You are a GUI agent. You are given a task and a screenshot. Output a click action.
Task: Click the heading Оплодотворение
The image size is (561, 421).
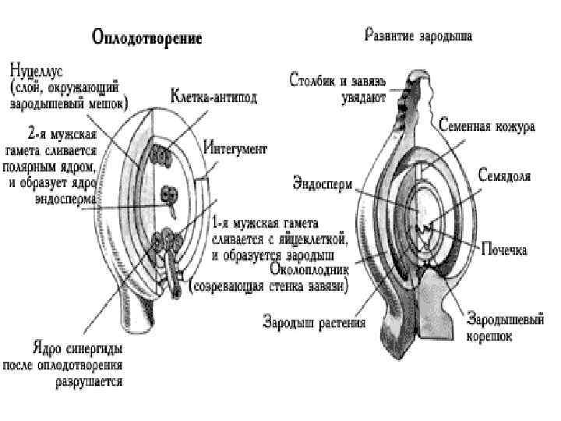coord(147,37)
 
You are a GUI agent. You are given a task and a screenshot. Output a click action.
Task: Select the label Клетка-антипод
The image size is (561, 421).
coord(214,97)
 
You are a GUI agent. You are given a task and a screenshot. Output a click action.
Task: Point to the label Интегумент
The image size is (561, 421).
coord(237,148)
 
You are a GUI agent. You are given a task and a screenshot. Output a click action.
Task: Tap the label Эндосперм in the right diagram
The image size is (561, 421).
coord(323,185)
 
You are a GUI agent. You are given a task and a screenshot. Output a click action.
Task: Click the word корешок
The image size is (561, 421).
coord(489,336)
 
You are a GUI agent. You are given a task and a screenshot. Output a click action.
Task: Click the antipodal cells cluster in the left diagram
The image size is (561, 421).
coord(162,154)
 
